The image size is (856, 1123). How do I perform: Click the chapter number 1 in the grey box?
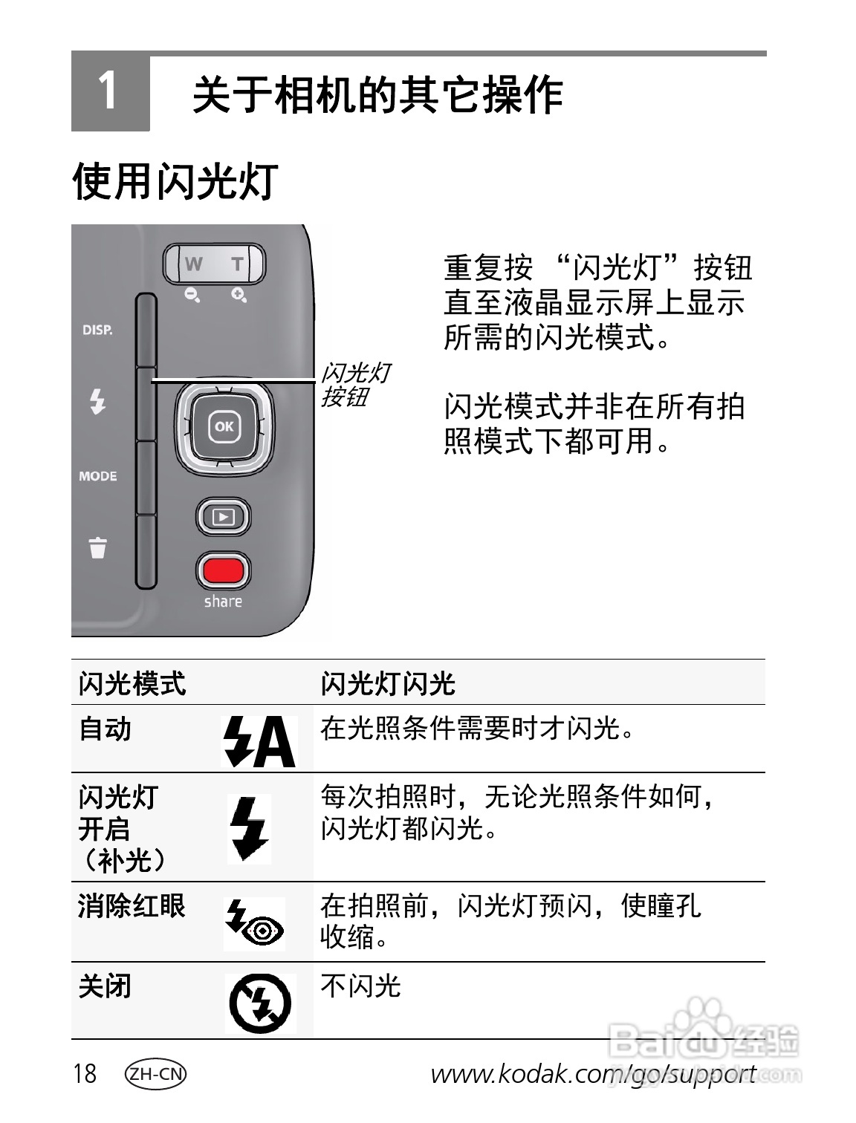pyautogui.click(x=108, y=92)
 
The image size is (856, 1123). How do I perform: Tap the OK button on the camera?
pyautogui.click(x=224, y=426)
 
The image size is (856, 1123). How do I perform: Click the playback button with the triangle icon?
pyautogui.click(x=223, y=517)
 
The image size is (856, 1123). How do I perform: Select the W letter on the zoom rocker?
pyautogui.click(x=193, y=264)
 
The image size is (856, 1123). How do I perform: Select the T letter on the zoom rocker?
pyautogui.click(x=237, y=264)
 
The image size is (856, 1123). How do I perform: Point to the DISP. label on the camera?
pyautogui.click(x=97, y=330)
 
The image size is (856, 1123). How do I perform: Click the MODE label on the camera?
pyautogui.click(x=98, y=476)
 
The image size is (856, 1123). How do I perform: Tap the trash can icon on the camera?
pyautogui.click(x=97, y=547)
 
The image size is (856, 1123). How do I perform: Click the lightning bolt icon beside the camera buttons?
pyautogui.click(x=97, y=401)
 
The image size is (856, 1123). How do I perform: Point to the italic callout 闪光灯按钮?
pyautogui.click(x=354, y=385)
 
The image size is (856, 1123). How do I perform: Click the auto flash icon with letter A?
pyautogui.click(x=259, y=741)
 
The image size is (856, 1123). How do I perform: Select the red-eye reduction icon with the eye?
pyautogui.click(x=254, y=923)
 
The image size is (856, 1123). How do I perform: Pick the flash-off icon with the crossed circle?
pyautogui.click(x=260, y=1003)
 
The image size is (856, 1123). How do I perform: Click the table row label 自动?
pyautogui.click(x=106, y=729)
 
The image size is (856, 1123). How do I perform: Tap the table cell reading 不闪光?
pyautogui.click(x=360, y=986)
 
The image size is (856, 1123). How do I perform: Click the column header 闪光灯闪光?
pyautogui.click(x=387, y=683)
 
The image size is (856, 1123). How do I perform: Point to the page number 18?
pyautogui.click(x=85, y=1074)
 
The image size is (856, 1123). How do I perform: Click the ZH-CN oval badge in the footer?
pyautogui.click(x=155, y=1074)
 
